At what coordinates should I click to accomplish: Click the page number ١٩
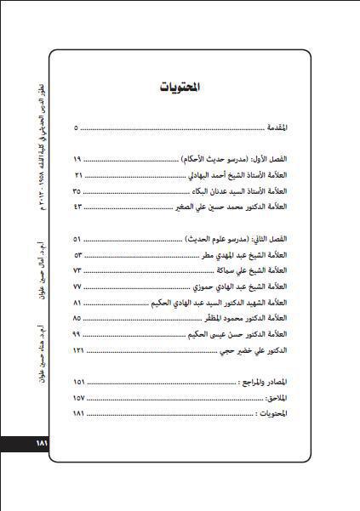tap(77, 159)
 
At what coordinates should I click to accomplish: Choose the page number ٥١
tap(77, 241)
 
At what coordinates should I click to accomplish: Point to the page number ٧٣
tap(77, 271)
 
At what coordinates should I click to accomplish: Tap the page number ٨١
tap(77, 303)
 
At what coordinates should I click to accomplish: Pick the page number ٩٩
tap(77, 334)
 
